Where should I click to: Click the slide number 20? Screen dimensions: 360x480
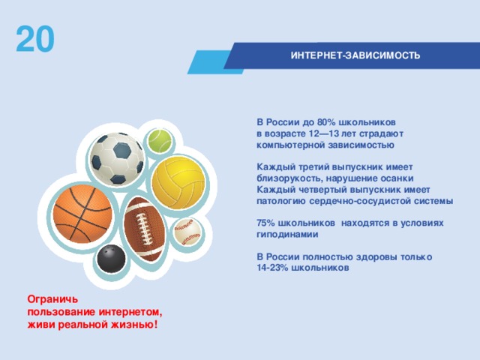pos(35,40)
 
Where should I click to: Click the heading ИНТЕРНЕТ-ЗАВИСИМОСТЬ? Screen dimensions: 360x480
pos(355,55)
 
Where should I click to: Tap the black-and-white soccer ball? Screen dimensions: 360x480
pos(117,158)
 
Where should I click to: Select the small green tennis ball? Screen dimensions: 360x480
pos(159,139)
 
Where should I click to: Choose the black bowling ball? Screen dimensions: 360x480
pos(112,259)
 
